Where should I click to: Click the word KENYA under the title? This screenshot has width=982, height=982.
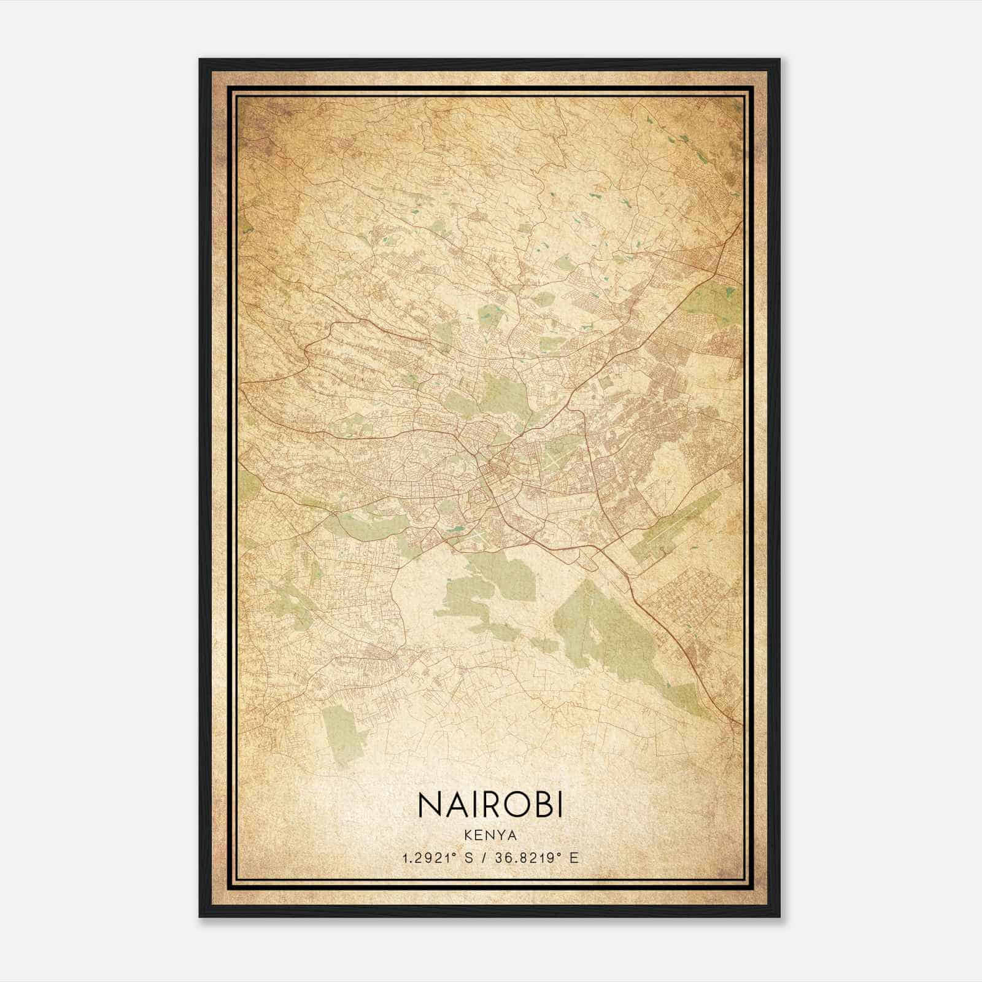coord(490,835)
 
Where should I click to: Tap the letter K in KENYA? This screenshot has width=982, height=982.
coord(468,835)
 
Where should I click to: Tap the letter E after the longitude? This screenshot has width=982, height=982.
coord(574,858)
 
